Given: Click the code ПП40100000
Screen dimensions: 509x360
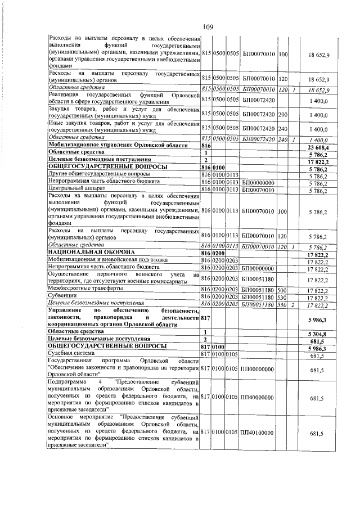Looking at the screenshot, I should [x=256, y=434].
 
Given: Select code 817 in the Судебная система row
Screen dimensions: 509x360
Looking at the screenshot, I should [x=205, y=355].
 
